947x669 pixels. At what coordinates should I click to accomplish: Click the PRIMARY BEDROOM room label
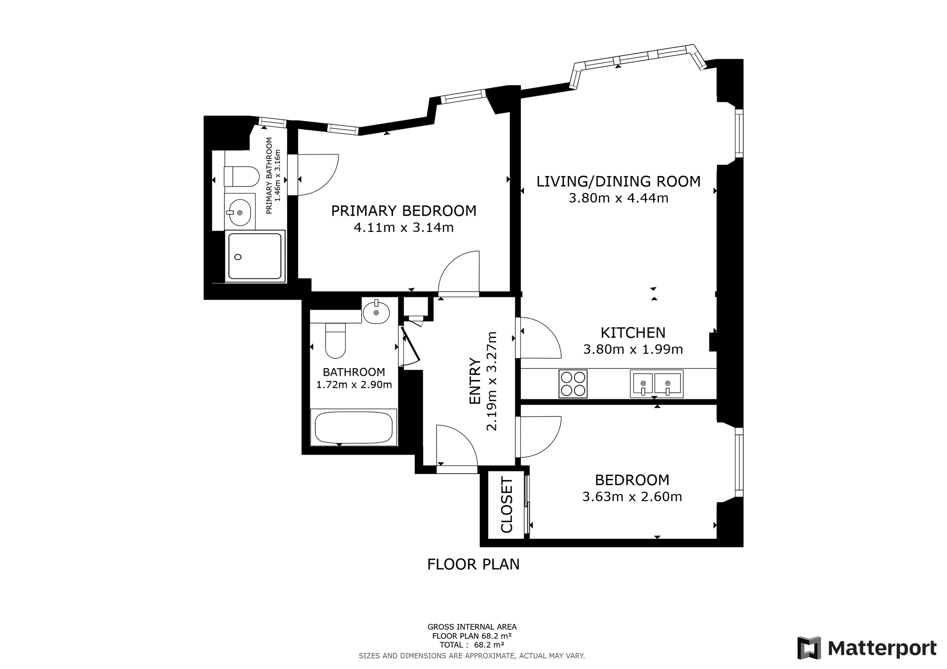click(403, 211)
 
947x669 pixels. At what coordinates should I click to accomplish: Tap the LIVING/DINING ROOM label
click(618, 182)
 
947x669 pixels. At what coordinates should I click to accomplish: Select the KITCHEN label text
click(633, 333)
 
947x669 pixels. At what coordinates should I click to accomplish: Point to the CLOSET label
click(507, 505)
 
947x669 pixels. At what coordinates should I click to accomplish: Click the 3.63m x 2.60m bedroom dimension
click(632, 497)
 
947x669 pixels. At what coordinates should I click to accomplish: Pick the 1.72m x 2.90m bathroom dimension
click(354, 385)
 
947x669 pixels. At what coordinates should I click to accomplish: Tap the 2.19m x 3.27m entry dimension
click(492, 381)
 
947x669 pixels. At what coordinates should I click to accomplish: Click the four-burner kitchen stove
click(573, 384)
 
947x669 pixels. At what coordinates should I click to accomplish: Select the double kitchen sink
click(656, 384)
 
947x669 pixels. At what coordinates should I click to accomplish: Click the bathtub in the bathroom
click(354, 427)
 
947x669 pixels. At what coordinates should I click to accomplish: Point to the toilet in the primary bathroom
click(242, 176)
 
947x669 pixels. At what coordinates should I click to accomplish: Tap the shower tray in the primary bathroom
click(255, 256)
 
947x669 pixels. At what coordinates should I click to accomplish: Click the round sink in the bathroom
click(376, 312)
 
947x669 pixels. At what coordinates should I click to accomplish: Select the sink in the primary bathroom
click(240, 212)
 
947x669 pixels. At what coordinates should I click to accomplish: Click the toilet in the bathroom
click(335, 341)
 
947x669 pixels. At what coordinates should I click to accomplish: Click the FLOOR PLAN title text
click(473, 564)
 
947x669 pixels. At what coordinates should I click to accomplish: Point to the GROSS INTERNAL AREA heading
click(472, 627)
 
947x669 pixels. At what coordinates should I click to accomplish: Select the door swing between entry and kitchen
click(541, 337)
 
